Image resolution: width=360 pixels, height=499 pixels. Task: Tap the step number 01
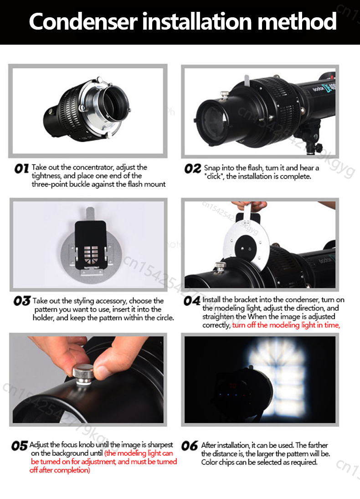(x=21, y=168)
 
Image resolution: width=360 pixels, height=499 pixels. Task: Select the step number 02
(x=193, y=169)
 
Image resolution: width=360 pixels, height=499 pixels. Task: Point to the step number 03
(x=22, y=301)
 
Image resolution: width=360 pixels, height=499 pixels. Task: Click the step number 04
(x=192, y=301)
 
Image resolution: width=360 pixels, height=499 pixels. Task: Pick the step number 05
(x=20, y=446)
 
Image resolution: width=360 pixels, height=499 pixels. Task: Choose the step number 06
(x=190, y=446)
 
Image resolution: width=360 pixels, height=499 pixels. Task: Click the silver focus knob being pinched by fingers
(x=83, y=375)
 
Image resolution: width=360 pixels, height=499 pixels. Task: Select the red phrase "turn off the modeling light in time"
(x=286, y=325)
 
